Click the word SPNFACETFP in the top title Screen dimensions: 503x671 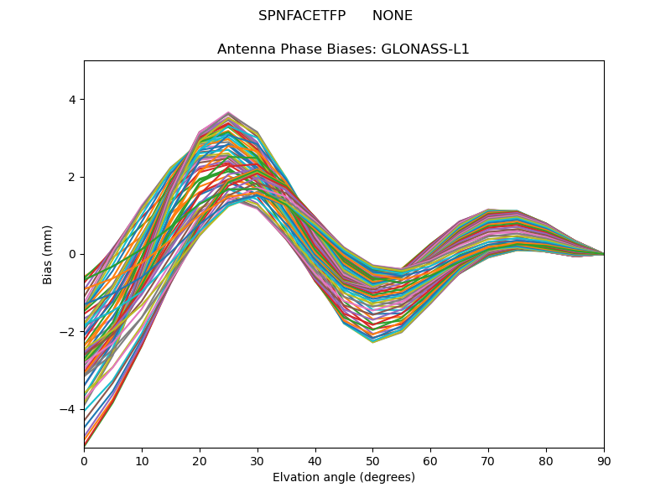296,16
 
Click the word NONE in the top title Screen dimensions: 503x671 393,16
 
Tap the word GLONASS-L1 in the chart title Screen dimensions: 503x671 425,49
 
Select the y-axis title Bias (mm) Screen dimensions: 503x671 48,254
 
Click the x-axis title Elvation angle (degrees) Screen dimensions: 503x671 344,477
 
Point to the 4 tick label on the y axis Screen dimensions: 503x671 72,100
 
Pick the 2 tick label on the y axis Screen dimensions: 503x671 72,177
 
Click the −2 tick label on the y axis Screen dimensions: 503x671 69,332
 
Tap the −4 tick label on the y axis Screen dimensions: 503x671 69,409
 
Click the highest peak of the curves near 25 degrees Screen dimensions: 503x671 228,112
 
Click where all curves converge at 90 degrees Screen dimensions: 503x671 603,254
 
